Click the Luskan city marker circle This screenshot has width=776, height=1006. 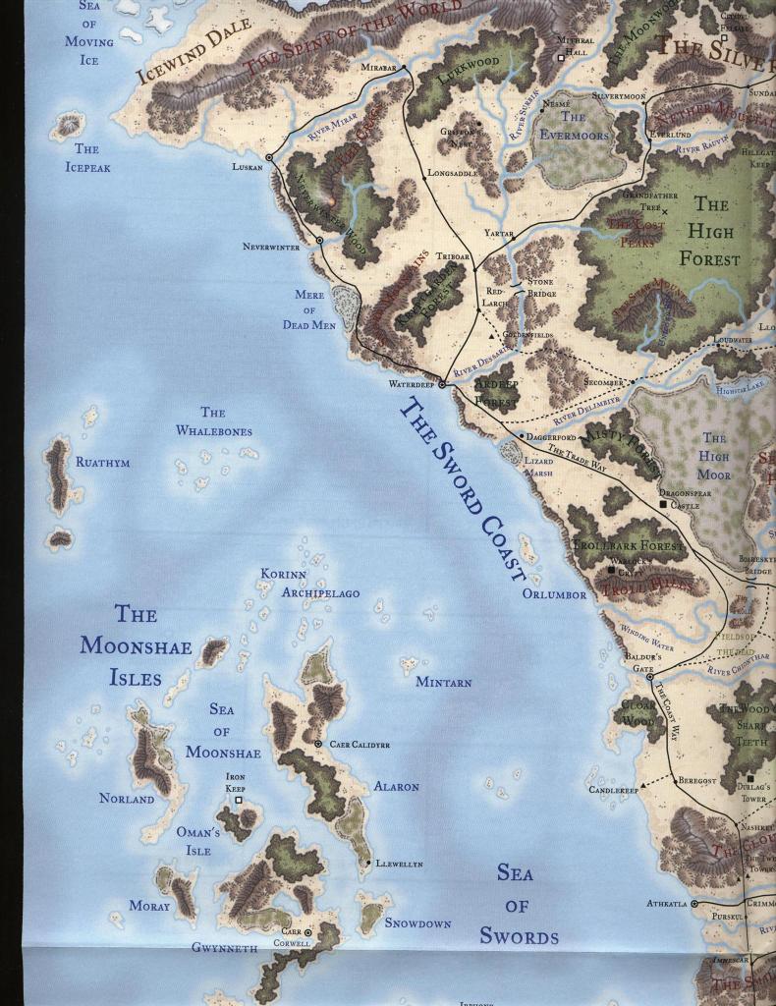point(269,157)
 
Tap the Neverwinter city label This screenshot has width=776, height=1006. point(271,247)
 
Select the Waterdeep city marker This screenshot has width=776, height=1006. point(441,385)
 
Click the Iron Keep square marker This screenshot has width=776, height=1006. point(238,801)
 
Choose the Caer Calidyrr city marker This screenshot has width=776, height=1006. point(317,745)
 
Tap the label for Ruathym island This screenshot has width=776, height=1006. point(102,462)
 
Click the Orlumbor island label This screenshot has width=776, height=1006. point(554,594)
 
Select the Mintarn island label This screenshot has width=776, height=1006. point(443,682)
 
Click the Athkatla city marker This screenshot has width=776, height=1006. point(693,903)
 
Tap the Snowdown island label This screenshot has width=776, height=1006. point(417,923)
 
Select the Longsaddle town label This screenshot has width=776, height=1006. point(453,173)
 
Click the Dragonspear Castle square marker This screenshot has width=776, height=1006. point(664,504)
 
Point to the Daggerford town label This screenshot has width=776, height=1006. point(551,436)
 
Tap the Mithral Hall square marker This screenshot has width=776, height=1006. point(561,58)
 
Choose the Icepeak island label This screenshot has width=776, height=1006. point(86,158)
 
